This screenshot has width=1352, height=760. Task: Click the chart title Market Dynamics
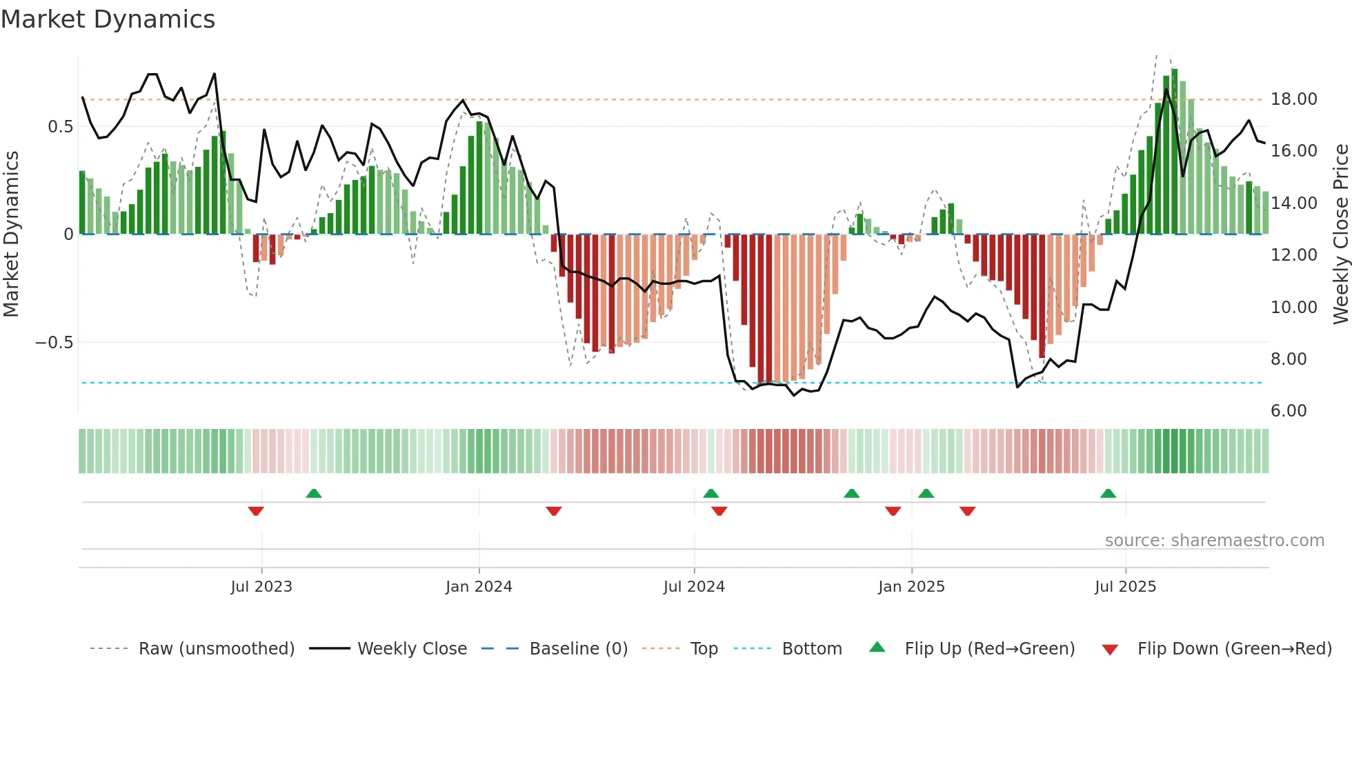pos(108,19)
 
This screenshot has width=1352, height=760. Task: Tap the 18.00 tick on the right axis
pos(1293,99)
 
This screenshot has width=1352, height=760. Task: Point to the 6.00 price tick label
pos(1289,411)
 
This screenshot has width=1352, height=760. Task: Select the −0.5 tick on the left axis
pos(54,343)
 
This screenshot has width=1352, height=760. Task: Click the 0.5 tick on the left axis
pos(60,127)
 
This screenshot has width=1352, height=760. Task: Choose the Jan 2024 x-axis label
pos(479,587)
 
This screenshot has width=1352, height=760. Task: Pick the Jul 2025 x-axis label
pos(1125,587)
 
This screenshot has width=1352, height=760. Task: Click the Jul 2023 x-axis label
pos(261,587)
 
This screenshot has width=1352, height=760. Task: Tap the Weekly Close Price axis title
pos(1340,234)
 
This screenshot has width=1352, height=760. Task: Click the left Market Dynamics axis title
pos(11,234)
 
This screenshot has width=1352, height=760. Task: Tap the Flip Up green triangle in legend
pos(877,647)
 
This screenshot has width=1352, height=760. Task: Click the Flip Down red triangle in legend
pos(1110,650)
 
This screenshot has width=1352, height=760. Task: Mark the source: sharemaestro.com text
pos(1214,541)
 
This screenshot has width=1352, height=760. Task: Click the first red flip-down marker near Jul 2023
pos(256,511)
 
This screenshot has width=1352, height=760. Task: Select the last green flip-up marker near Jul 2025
pos(1108,493)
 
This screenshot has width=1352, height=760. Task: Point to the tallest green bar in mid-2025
pos(1174,152)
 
